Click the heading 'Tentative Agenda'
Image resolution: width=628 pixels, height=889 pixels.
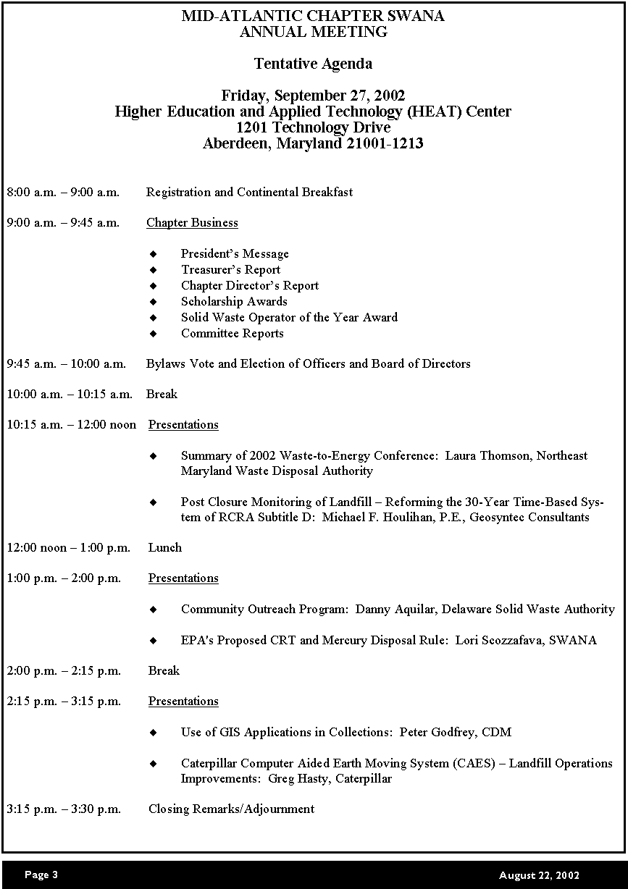point(313,64)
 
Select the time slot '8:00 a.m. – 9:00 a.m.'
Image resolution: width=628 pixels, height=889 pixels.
point(63,192)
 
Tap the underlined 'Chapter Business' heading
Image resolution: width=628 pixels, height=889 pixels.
point(192,222)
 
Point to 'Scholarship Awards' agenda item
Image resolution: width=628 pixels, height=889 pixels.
point(234,301)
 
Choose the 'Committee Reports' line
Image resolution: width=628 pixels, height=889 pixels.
point(232,333)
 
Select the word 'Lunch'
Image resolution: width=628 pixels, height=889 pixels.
point(165,547)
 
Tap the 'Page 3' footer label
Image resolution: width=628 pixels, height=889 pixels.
point(41,875)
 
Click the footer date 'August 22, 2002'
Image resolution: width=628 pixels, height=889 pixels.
point(539,875)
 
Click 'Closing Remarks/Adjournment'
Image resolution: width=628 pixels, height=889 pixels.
point(231,809)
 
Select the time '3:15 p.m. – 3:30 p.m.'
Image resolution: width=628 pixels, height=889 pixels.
point(64,809)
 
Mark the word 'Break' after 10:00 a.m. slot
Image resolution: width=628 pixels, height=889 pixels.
point(162,394)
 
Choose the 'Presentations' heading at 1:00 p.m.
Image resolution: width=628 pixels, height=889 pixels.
point(183,578)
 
